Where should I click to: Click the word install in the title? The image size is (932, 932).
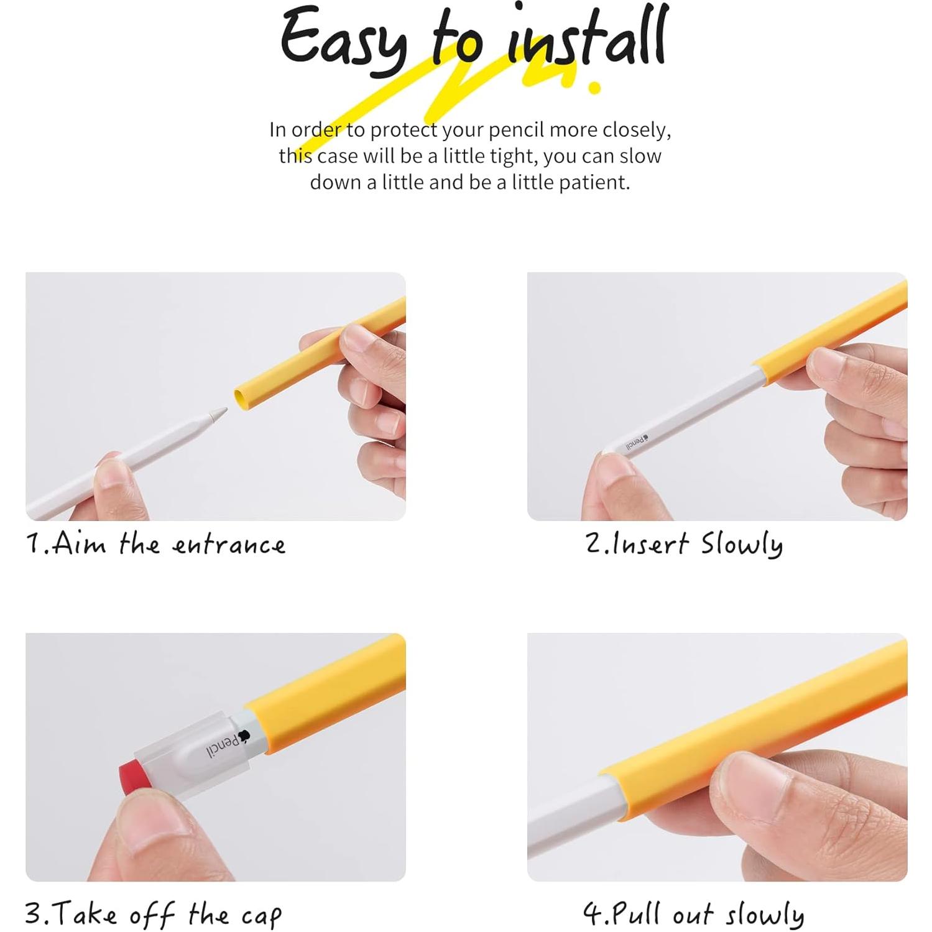[586, 39]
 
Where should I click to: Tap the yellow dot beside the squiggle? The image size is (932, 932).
[594, 87]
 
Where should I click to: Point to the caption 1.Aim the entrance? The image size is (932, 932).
[156, 545]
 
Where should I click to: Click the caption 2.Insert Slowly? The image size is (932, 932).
[684, 545]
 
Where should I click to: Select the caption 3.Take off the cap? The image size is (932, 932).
[153, 914]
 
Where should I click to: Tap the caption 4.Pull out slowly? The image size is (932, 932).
[693, 914]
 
